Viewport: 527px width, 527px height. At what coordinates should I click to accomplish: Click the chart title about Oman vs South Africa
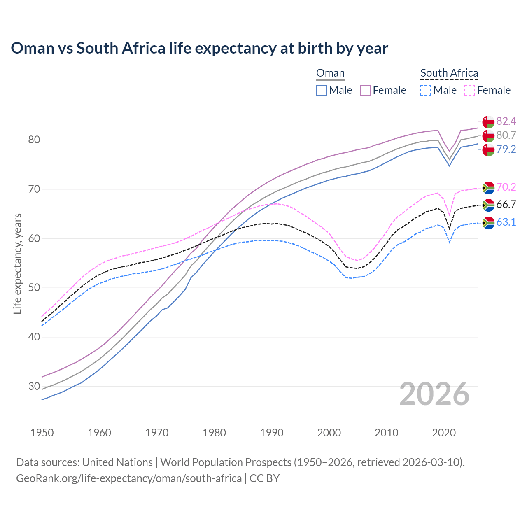[199, 48]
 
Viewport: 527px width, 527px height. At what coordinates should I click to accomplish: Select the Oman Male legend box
[322, 90]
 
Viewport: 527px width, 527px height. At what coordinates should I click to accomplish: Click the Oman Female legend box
[365, 90]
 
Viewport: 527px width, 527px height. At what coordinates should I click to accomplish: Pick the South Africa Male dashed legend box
[426, 90]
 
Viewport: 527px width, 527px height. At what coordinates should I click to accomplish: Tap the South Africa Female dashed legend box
[469, 90]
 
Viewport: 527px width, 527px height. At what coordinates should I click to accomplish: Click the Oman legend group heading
[330, 73]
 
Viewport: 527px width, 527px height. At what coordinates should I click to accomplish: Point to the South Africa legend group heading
[449, 73]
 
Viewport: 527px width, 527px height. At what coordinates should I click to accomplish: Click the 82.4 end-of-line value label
[506, 121]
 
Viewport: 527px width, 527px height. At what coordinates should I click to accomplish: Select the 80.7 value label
[506, 135]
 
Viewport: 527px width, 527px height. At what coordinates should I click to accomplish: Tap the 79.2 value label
[506, 149]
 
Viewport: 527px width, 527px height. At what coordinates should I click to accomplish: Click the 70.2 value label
[506, 187]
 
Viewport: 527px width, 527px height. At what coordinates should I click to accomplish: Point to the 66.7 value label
[506, 205]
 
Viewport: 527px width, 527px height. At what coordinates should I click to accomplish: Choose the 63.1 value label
[506, 222]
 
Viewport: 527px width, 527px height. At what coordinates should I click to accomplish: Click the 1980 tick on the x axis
[214, 433]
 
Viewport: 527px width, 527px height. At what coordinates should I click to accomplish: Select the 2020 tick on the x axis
[444, 433]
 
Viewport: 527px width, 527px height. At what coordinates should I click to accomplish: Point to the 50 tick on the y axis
[34, 288]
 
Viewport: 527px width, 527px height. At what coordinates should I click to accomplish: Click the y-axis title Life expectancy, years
[18, 263]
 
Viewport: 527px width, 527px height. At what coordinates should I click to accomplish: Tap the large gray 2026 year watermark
[434, 394]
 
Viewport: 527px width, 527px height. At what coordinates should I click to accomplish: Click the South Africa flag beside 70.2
[488, 188]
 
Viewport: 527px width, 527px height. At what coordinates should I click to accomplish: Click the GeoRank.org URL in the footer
[129, 478]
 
